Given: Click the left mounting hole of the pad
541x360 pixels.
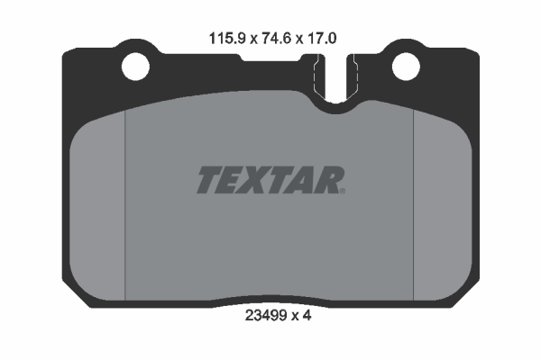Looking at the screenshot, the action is pyautogui.click(x=135, y=67).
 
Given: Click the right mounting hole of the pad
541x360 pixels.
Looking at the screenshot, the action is pyautogui.click(x=406, y=67).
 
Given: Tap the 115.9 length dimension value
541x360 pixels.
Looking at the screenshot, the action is pyautogui.click(x=227, y=38).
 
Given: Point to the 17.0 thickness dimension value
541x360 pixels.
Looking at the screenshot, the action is pyautogui.click(x=322, y=38).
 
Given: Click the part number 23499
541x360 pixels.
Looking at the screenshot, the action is pyautogui.click(x=266, y=315).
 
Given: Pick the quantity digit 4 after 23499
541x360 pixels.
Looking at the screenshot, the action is pyautogui.click(x=307, y=315).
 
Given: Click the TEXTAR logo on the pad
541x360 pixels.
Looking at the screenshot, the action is pyautogui.click(x=270, y=180).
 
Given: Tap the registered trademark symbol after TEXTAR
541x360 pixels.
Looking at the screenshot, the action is pyautogui.click(x=343, y=191).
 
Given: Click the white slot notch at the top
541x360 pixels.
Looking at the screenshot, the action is pyautogui.click(x=335, y=78).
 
